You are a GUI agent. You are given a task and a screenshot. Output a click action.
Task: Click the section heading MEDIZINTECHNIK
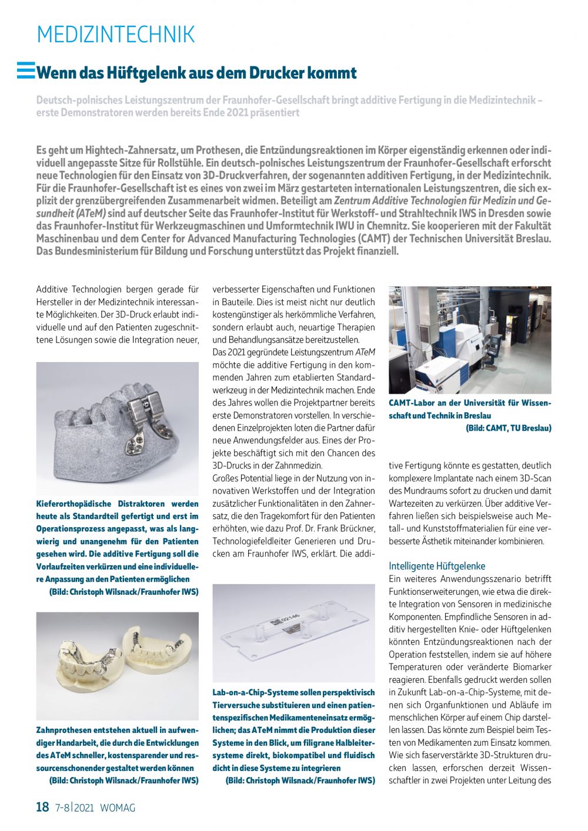pos(115,35)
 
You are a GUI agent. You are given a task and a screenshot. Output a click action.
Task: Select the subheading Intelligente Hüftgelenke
pos(437,566)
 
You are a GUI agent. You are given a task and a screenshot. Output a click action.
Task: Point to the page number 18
pos(42,807)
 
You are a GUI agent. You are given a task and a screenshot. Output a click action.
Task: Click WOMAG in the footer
pos(118,807)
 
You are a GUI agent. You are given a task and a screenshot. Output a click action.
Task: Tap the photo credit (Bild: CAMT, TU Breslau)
pos(509,428)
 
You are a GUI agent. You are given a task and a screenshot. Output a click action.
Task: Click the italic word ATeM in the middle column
pos(365,353)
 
